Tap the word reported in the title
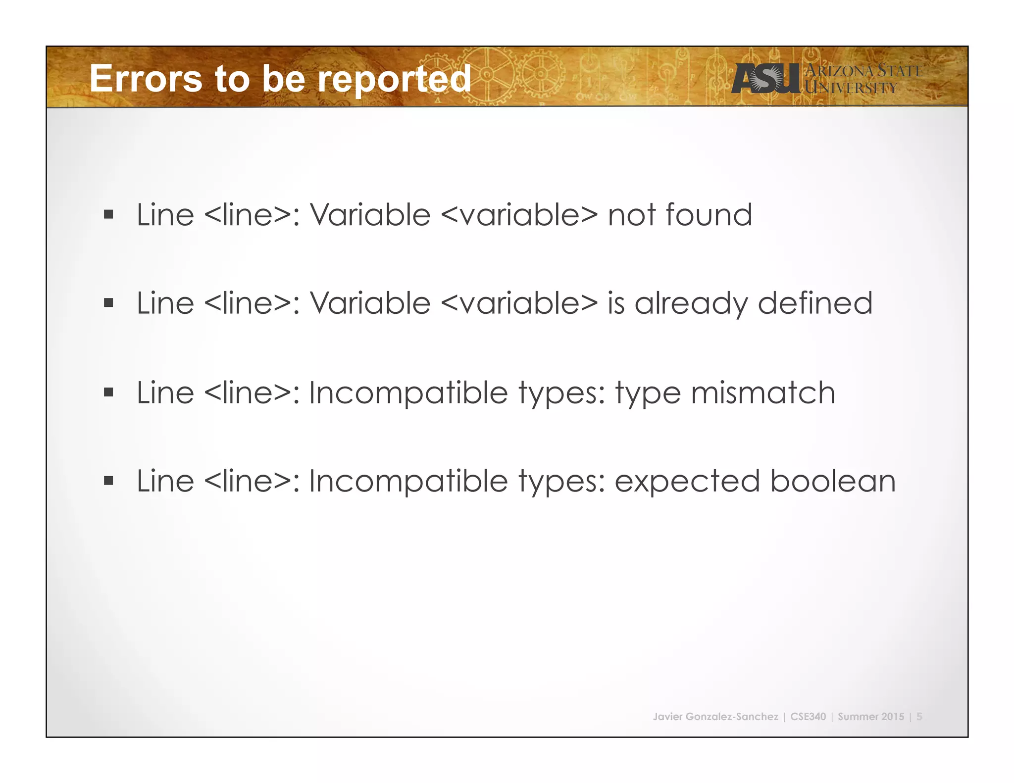(394, 79)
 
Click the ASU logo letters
(765, 78)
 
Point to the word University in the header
(851, 88)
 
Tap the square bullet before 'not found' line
(108, 215)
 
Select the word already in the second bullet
(691, 303)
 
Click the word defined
(815, 303)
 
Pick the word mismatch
(762, 392)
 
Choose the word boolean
(833, 481)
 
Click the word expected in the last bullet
(687, 482)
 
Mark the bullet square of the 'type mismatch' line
(108, 392)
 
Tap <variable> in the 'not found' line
(519, 215)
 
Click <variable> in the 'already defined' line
(519, 303)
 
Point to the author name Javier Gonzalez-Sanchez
(715, 717)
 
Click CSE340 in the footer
(808, 717)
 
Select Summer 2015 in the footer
(871, 717)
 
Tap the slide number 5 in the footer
(919, 717)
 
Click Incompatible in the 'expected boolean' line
(408, 481)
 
